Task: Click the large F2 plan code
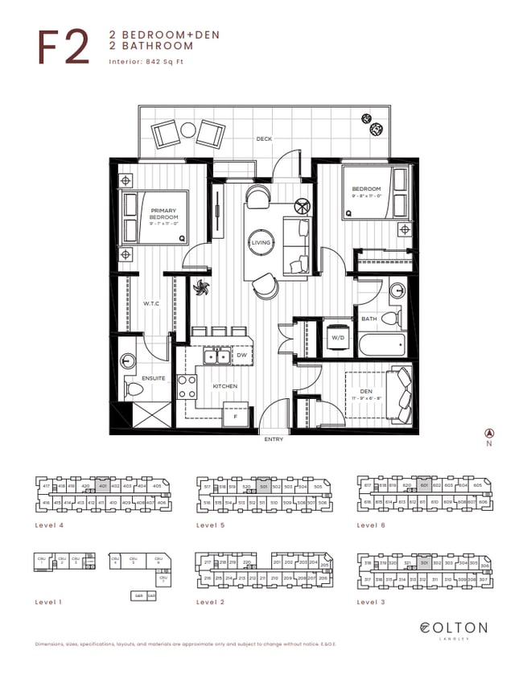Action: point(63,47)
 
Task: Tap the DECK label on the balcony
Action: point(264,139)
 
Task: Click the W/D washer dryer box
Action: point(338,338)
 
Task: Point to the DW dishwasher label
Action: point(241,355)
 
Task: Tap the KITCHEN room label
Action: point(224,386)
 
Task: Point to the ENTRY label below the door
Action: point(274,440)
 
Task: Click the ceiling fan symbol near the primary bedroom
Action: point(200,288)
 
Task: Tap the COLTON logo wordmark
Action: point(453,628)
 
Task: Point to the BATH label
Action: point(368,319)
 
